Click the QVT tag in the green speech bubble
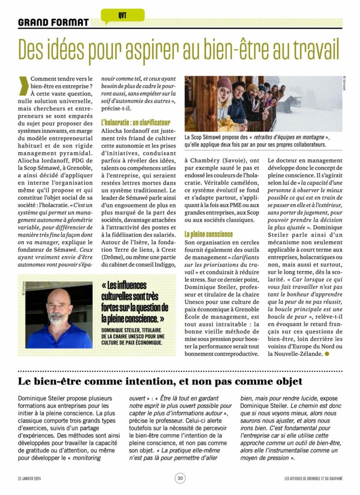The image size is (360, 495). coord(122,15)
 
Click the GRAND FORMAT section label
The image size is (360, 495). coord(53,22)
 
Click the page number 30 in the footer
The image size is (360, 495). coord(180,478)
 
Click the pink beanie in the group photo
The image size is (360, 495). coord(224,83)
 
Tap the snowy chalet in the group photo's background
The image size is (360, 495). coord(296,102)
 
